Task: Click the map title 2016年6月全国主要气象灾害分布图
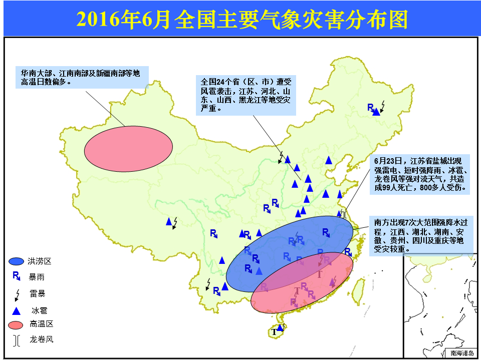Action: pos(242,19)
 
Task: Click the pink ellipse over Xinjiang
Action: pos(128,149)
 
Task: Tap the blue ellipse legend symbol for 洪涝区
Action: pos(16,261)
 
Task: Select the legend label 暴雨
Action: pos(37,277)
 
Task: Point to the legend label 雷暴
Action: pos(38,294)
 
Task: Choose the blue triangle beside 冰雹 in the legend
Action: pos(16,311)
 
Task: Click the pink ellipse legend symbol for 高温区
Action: pos(16,325)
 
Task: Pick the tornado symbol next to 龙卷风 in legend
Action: pos(17,340)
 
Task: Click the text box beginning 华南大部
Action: pos(82,77)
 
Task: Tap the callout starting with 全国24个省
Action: pos(246,95)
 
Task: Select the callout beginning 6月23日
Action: pos(420,174)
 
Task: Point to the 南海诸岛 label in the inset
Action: pos(462,353)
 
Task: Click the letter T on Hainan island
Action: pos(274,332)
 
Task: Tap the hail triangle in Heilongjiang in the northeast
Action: pos(377,112)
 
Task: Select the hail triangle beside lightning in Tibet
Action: pos(169,221)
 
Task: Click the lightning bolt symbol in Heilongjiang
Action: pos(382,107)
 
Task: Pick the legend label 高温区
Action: pos(42,324)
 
